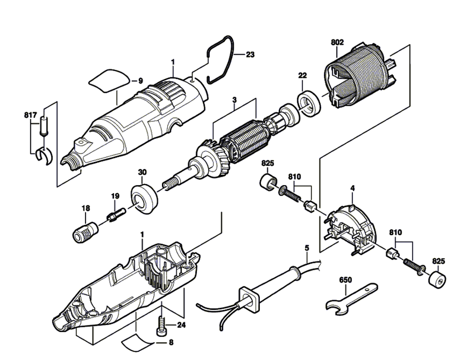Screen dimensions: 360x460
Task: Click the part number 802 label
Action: click(337, 42)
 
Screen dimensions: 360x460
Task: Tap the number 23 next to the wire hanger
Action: click(250, 54)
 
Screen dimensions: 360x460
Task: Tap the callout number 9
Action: click(141, 81)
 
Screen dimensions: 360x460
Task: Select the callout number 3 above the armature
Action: click(234, 99)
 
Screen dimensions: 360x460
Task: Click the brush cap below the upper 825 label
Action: click(267, 181)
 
